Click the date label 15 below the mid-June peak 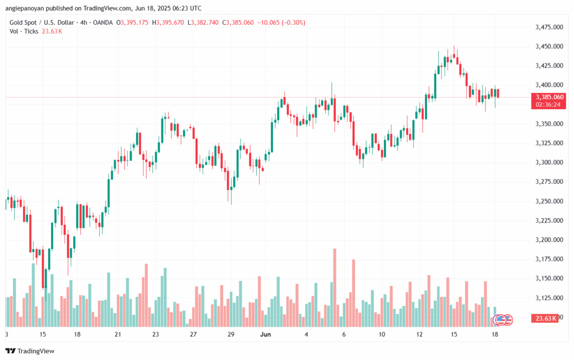coord(455,334)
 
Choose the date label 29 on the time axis coord(230,334)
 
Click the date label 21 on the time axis coord(118,334)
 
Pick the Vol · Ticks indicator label coord(24,31)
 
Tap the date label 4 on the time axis coord(306,334)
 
